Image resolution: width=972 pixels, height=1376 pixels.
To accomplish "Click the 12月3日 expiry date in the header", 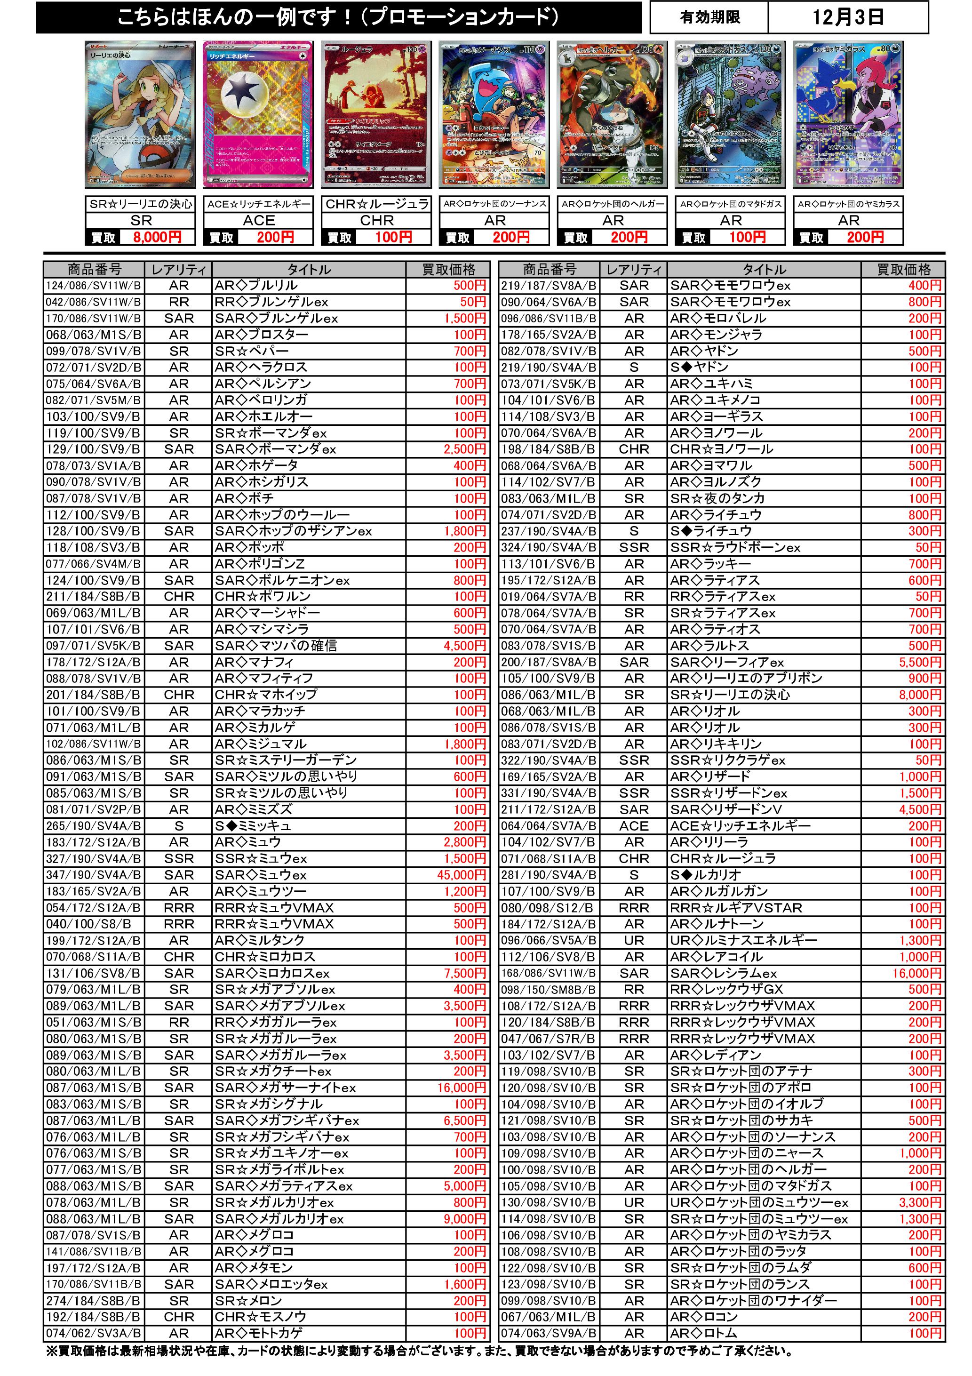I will click(847, 17).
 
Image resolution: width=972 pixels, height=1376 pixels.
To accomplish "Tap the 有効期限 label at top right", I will click(709, 17).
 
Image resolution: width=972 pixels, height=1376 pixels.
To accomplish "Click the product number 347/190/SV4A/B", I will click(94, 875).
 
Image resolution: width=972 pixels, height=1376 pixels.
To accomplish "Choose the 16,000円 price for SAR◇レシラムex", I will click(916, 973).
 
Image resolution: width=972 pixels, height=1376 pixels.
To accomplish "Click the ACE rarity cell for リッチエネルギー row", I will click(634, 826).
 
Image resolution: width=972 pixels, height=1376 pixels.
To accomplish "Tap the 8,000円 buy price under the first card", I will click(157, 237).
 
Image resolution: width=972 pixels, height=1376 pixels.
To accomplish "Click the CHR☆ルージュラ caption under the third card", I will click(377, 204).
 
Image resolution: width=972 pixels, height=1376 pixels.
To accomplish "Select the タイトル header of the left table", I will click(309, 270).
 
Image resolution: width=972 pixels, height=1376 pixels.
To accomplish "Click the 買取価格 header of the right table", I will click(904, 270).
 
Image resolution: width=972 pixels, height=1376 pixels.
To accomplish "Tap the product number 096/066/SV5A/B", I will click(549, 940).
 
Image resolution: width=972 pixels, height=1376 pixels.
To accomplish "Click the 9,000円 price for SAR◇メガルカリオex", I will click(464, 1219).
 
